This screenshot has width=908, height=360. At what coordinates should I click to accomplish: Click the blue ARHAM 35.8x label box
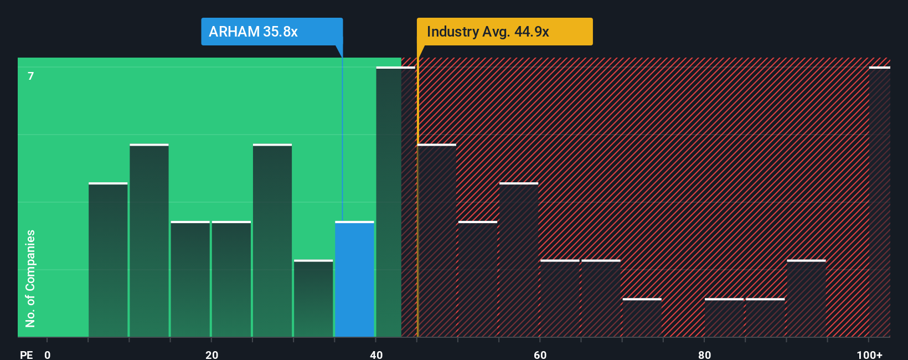click(271, 32)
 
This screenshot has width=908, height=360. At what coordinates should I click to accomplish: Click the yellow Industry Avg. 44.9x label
click(504, 32)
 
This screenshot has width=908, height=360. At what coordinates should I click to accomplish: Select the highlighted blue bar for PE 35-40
click(354, 280)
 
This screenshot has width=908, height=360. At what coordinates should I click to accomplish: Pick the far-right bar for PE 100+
click(879, 202)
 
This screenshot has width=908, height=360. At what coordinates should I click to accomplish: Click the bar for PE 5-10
click(108, 260)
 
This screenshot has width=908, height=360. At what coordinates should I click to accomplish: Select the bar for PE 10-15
click(149, 241)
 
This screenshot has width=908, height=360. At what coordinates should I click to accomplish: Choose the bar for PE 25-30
click(272, 241)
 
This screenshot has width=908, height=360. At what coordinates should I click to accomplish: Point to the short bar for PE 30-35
click(313, 299)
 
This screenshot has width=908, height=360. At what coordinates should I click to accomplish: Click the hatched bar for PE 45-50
click(437, 241)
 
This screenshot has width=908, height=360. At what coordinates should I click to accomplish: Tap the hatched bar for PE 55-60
click(519, 260)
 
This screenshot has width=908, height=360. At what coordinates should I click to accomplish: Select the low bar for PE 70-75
click(642, 318)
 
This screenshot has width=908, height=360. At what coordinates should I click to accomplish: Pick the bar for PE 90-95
click(806, 299)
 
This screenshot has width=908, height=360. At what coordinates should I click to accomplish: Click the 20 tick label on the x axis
click(211, 354)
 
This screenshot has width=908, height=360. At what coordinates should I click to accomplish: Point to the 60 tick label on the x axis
click(540, 354)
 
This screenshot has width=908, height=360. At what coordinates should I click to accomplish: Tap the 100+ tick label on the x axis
click(869, 354)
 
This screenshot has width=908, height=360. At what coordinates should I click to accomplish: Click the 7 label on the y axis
click(31, 76)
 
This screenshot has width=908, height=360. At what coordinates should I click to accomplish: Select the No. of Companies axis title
click(30, 278)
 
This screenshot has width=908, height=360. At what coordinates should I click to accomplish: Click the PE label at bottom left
click(26, 354)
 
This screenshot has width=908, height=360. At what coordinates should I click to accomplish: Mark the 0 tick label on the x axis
click(48, 354)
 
